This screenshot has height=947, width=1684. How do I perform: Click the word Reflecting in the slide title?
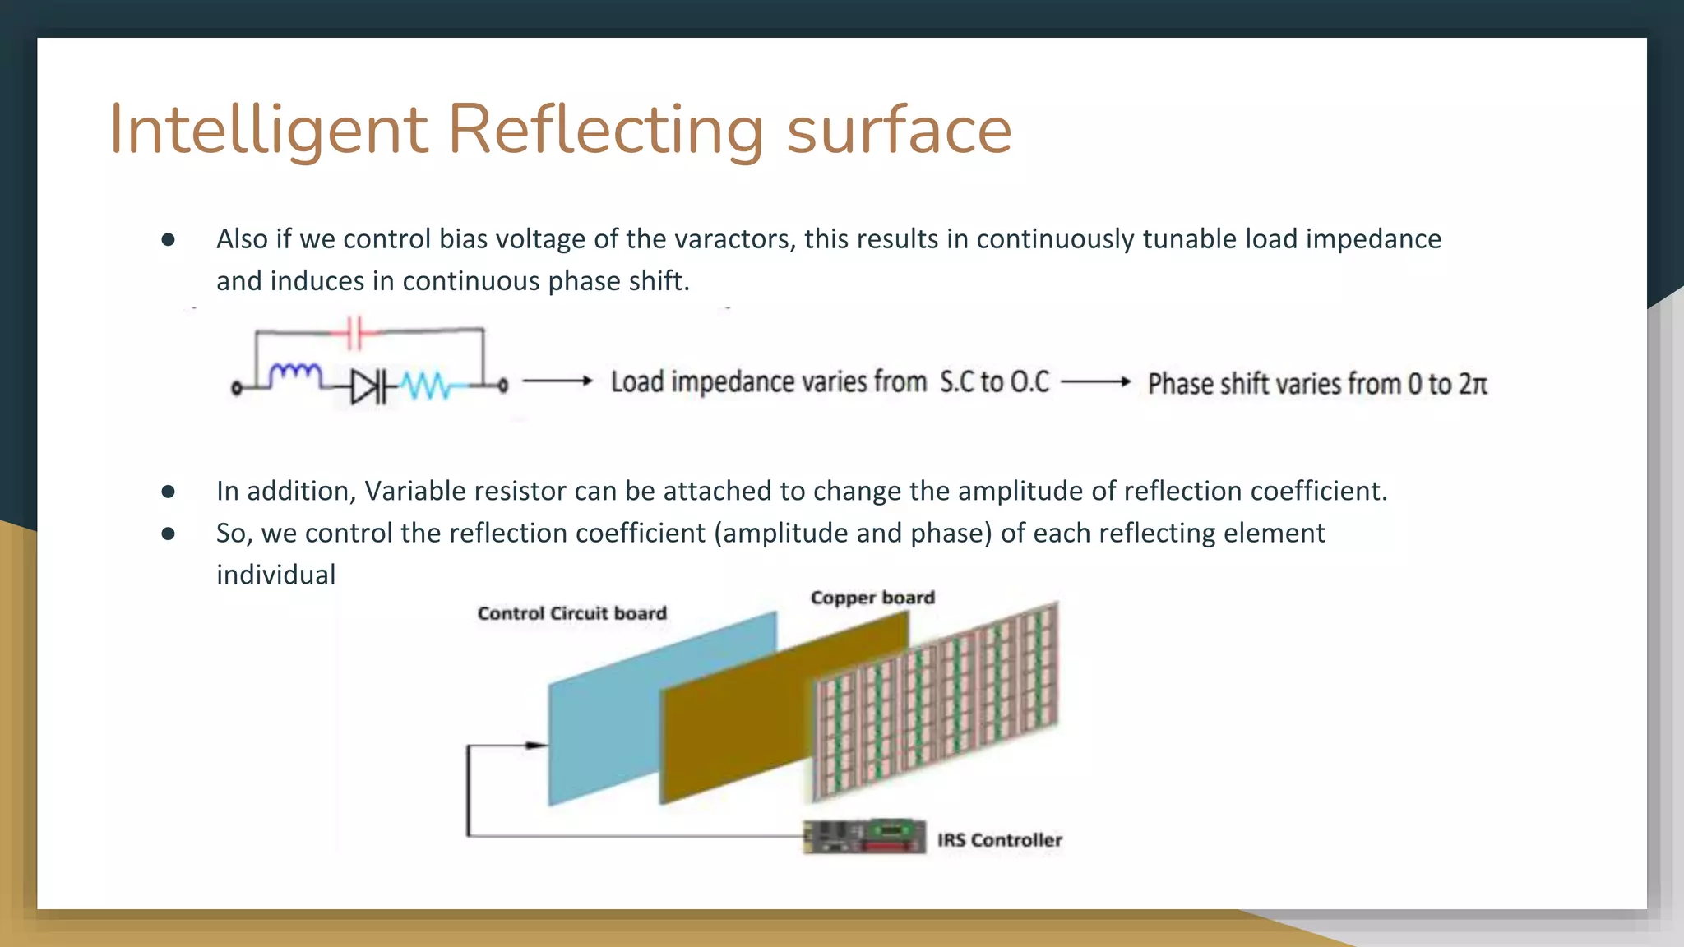click(605, 130)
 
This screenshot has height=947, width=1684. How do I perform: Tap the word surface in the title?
click(899, 130)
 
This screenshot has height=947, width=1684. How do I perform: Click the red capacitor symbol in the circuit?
click(354, 332)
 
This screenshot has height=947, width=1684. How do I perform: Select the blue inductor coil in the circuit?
click(296, 374)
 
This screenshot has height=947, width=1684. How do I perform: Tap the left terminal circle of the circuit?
click(237, 388)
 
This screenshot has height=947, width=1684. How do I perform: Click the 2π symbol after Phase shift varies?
click(1473, 384)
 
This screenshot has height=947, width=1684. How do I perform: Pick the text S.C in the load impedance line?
click(957, 381)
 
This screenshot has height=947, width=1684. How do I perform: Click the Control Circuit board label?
click(572, 613)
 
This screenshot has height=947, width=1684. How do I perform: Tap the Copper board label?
click(872, 598)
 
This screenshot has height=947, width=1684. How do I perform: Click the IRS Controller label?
click(1000, 840)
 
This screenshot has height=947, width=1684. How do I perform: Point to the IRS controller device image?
click(864, 837)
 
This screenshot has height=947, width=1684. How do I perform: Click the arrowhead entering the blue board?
click(537, 746)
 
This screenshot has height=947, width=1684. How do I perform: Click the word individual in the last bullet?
click(275, 575)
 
